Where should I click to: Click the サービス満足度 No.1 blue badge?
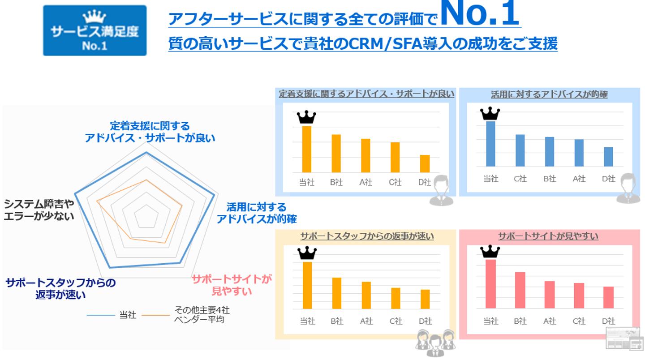(x=95, y=31)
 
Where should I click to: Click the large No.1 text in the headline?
(x=480, y=13)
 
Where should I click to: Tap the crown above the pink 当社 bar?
(x=490, y=251)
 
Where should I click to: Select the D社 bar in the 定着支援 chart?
(x=424, y=164)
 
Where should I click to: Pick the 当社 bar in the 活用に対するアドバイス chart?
(x=490, y=144)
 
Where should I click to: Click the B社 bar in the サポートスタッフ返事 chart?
(x=336, y=293)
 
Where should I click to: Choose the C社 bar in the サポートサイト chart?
(x=579, y=296)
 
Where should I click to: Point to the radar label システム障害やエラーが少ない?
(x=39, y=210)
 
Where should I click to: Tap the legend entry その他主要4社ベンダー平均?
(x=202, y=315)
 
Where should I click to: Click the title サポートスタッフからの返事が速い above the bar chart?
(x=367, y=236)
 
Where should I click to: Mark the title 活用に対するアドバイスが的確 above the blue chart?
(x=549, y=94)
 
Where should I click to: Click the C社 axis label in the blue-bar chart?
(x=520, y=179)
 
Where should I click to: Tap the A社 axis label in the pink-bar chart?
(x=549, y=321)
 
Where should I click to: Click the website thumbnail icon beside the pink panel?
(x=623, y=338)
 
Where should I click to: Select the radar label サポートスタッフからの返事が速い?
(x=60, y=289)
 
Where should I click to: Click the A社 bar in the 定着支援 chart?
(x=365, y=155)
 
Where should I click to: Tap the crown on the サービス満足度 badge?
(x=95, y=17)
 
